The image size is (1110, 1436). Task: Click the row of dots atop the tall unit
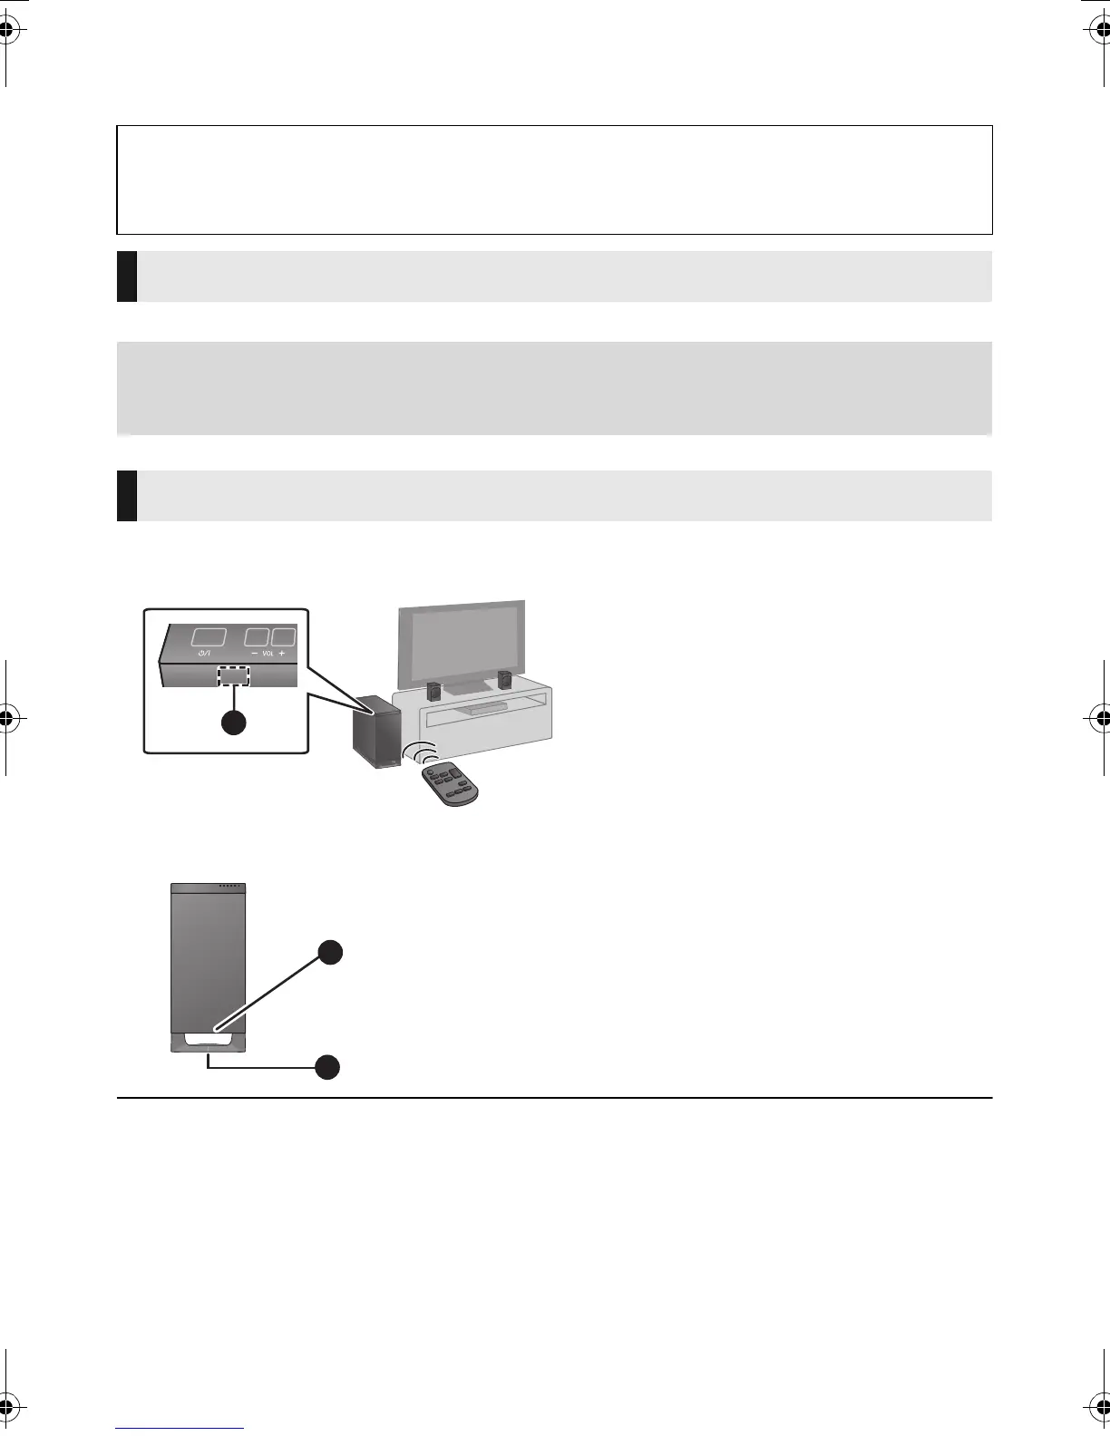230,886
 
